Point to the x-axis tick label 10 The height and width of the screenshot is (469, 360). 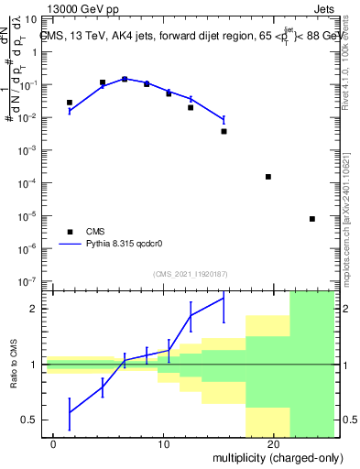(163, 443)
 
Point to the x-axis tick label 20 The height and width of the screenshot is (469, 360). (273, 443)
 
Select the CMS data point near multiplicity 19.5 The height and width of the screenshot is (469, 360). (268, 177)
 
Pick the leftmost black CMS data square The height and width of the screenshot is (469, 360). (70, 103)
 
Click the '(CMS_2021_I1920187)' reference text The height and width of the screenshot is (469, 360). (189, 273)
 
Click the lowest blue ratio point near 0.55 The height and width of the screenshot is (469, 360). (70, 412)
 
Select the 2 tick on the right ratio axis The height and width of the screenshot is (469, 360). (342, 309)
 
